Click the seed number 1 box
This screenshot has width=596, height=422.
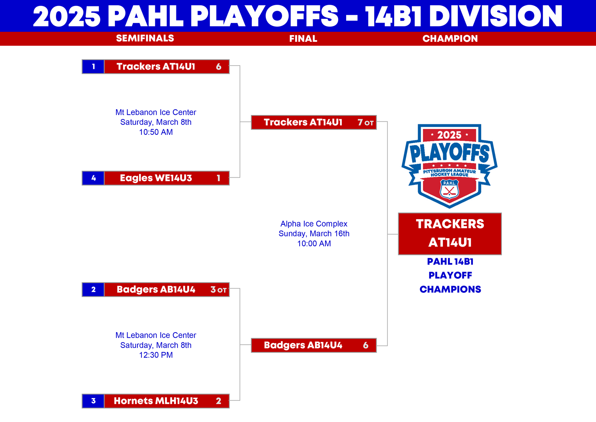tap(93, 66)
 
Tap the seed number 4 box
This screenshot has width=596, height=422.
tap(93, 178)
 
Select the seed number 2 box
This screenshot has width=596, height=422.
tap(93, 289)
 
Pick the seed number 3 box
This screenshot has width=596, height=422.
tap(93, 401)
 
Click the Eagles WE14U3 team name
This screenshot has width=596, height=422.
tap(156, 178)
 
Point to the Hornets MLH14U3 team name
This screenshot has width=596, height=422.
tap(156, 401)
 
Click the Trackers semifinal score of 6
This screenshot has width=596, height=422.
tap(219, 66)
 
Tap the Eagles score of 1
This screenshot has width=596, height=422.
tap(219, 178)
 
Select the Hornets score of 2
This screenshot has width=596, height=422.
tap(219, 401)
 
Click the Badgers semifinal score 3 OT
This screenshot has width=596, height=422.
tap(219, 290)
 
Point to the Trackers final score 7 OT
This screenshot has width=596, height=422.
tap(366, 122)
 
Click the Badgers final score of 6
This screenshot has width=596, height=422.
tap(366, 345)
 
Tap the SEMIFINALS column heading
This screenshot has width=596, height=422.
tap(145, 38)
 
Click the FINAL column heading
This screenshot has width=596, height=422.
tap(303, 39)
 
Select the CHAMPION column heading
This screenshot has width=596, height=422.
tap(450, 39)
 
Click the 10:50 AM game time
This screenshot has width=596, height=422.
tap(156, 132)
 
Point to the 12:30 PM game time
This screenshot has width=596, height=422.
tap(156, 355)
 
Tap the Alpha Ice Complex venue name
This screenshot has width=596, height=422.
tap(314, 224)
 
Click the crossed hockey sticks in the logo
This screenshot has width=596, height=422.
tap(449, 191)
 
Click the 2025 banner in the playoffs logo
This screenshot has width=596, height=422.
tap(449, 135)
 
